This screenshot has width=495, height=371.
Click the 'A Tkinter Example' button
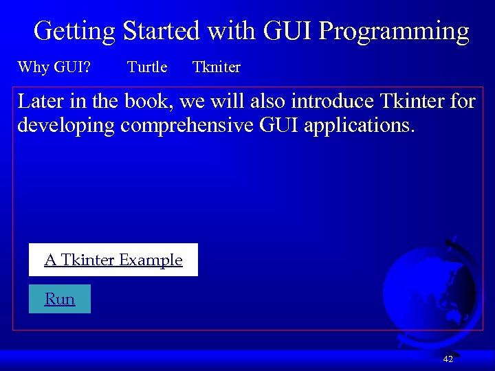[x=113, y=260]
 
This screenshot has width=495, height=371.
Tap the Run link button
[x=60, y=299]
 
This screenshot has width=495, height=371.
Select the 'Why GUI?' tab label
[x=56, y=67]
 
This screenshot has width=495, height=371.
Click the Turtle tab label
[x=147, y=67]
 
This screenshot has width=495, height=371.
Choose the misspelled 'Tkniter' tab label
[x=217, y=67]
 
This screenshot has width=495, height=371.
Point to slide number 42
[x=448, y=359]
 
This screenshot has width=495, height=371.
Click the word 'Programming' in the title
[x=395, y=31]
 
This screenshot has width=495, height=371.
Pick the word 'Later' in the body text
[x=40, y=102]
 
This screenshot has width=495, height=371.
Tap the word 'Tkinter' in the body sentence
[x=410, y=102]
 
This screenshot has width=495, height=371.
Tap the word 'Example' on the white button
[x=151, y=260]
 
